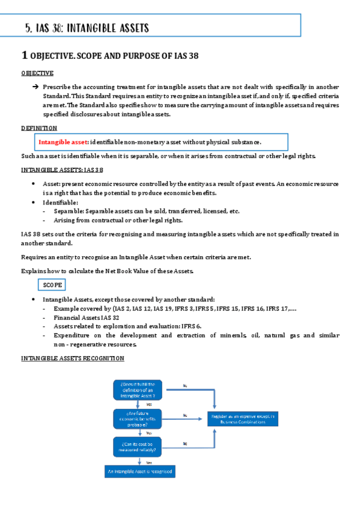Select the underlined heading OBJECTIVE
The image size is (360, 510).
(x=37, y=73)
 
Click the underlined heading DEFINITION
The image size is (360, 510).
(x=39, y=128)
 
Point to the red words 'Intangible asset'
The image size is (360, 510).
(x=63, y=142)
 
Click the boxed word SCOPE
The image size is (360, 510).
(x=52, y=285)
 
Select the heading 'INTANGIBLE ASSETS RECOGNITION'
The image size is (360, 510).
(x=72, y=358)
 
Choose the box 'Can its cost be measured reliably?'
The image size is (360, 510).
(x=138, y=446)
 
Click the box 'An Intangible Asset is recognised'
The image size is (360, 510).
(x=139, y=472)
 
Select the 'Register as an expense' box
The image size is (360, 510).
(x=243, y=419)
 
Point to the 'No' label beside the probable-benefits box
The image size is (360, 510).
(x=185, y=415)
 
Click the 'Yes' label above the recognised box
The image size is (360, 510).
(x=148, y=462)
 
